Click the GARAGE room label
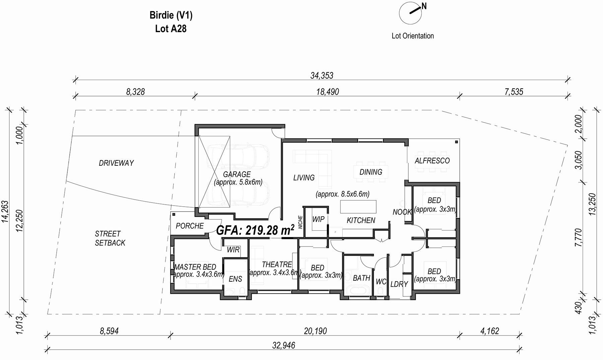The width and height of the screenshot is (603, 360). [237, 174]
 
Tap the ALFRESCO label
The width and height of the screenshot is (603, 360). [432, 161]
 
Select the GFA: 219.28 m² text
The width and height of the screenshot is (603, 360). [256, 230]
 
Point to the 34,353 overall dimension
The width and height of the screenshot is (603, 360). [322, 75]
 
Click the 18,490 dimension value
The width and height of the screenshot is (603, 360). [328, 91]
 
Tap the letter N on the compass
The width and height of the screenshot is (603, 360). [424, 6]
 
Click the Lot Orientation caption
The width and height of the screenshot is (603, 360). [413, 36]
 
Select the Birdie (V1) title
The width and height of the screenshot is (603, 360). [171, 15]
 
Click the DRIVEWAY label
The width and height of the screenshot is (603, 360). [116, 163]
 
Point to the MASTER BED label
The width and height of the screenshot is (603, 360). [195, 267]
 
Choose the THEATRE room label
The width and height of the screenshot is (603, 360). [277, 265]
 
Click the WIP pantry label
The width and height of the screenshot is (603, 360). [318, 219]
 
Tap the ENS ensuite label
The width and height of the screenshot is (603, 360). [236, 279]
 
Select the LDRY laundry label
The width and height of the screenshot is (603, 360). [399, 284]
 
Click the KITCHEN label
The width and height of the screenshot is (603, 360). [361, 220]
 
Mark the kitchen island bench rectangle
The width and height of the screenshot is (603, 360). [358, 207]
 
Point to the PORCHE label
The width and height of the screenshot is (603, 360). [190, 226]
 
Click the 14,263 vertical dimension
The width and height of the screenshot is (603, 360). [5, 212]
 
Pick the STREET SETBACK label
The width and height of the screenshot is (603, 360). [110, 238]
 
